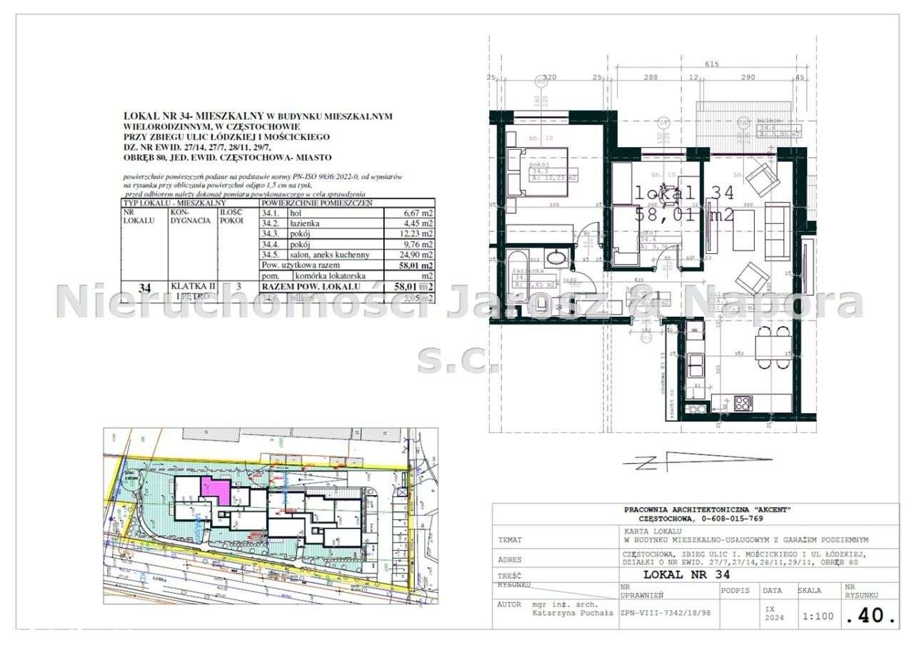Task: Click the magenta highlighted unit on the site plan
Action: [215, 491]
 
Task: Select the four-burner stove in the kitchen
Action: [743, 402]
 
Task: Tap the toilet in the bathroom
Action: [542, 305]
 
